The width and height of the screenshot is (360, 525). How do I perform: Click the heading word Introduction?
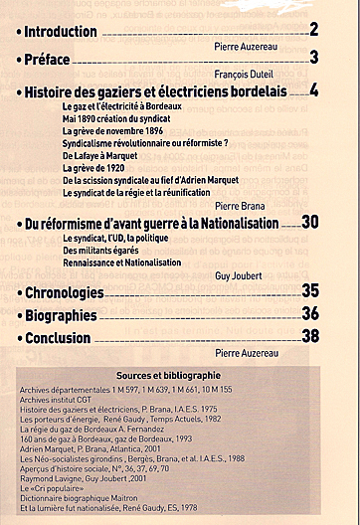61,31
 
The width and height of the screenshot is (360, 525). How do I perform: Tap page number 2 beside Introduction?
313,30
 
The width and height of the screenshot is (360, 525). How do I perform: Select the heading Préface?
50,59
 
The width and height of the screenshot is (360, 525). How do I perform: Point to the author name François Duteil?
254,74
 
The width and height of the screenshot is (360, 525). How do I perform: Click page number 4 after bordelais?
313,90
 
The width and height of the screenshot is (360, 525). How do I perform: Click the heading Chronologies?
64,292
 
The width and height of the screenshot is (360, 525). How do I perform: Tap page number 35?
310,291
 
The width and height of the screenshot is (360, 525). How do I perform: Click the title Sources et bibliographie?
181,375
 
